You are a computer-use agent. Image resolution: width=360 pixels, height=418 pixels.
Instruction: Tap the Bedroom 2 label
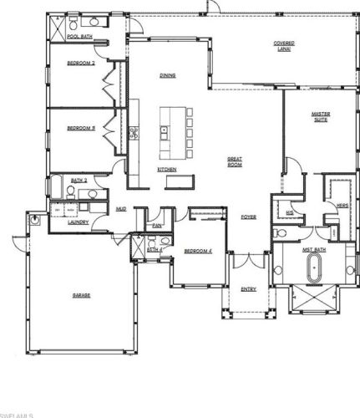(81, 63)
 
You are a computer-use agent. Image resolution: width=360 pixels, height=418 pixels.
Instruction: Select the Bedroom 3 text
(81, 128)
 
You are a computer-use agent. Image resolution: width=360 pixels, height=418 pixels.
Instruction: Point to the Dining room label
(167, 76)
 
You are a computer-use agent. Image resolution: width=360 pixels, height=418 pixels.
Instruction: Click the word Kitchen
(167, 170)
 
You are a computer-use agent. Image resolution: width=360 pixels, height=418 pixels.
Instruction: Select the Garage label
(80, 296)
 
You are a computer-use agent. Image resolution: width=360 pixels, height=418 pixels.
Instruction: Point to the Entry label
(249, 289)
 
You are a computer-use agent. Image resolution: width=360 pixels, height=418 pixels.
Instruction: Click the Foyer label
(249, 217)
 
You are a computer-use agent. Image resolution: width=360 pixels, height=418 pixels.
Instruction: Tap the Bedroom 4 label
(197, 251)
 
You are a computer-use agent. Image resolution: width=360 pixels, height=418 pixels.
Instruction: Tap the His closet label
(289, 213)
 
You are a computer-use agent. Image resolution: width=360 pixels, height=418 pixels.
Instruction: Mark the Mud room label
(121, 209)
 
